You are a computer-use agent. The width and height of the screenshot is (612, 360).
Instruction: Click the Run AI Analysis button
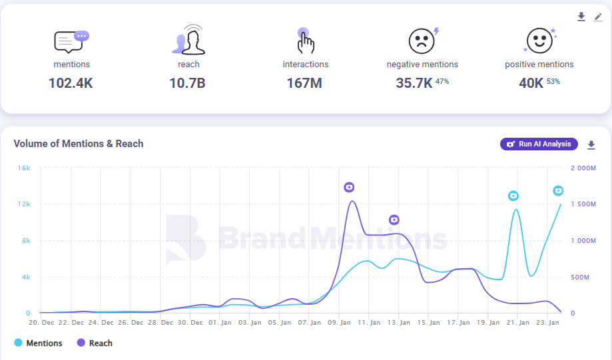[539, 144]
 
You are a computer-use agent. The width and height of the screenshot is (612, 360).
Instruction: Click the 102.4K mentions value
[71, 83]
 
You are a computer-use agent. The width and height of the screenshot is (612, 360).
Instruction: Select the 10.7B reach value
[188, 83]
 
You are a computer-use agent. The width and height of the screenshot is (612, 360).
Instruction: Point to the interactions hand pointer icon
[305, 41]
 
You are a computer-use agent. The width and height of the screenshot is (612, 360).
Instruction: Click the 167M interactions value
[305, 83]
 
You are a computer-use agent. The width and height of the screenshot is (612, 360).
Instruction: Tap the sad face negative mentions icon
[421, 41]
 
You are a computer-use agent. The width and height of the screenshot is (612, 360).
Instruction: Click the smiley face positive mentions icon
[538, 41]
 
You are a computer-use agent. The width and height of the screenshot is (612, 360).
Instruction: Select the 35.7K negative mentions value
[415, 83]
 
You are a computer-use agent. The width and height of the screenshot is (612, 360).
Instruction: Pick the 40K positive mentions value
[531, 83]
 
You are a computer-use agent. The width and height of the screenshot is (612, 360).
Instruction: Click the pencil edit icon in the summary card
[598, 17]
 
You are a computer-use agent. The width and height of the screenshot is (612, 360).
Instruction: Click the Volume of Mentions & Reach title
[79, 144]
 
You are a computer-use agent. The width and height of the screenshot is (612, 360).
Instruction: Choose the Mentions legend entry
[39, 343]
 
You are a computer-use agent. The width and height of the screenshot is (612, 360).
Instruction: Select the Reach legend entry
[95, 343]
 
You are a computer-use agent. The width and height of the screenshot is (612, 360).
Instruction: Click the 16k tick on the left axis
[24, 168]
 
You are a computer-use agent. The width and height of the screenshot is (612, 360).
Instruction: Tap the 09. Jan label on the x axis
[340, 323]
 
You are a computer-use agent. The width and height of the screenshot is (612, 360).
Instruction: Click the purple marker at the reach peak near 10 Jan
[350, 188]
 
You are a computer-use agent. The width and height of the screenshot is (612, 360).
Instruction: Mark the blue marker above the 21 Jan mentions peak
[513, 196]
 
